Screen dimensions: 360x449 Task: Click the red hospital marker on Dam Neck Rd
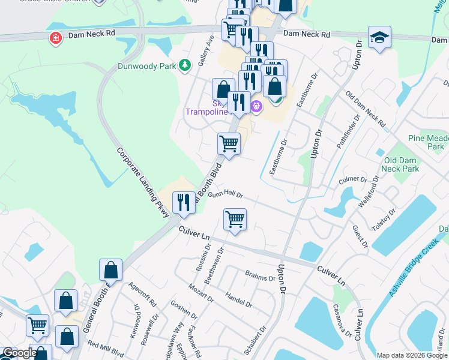[56, 38]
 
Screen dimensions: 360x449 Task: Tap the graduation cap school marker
[379, 37]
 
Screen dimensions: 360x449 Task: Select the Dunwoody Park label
[148, 66]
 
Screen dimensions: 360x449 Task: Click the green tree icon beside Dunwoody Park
[185, 65]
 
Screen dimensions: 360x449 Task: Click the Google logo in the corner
[20, 353]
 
